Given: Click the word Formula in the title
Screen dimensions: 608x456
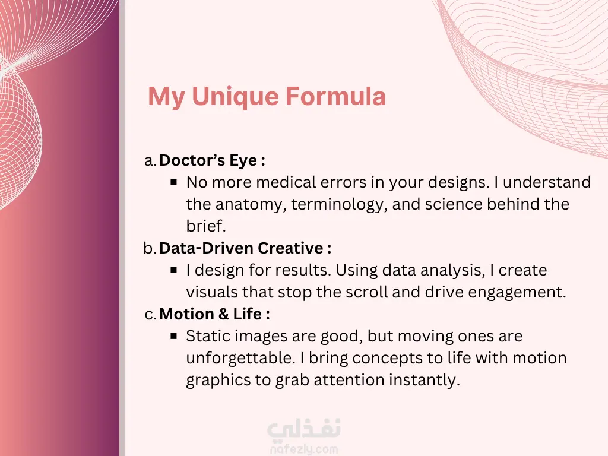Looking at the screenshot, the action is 336,96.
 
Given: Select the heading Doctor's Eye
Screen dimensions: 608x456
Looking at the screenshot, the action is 212,160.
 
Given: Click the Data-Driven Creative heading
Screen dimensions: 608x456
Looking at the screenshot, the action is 245,248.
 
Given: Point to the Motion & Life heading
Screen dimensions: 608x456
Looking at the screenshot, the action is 214,313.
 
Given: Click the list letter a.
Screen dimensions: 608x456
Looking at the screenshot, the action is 150,160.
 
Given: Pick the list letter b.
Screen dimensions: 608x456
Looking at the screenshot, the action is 150,248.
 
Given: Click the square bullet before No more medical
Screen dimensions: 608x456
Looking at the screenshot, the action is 174,182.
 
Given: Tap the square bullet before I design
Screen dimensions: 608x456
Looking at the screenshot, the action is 174,270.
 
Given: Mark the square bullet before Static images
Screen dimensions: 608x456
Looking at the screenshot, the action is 174,336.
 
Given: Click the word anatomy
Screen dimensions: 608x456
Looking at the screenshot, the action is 251,205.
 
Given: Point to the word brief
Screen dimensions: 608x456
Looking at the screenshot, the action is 206,226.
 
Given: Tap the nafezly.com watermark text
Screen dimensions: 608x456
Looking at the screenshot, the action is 303,449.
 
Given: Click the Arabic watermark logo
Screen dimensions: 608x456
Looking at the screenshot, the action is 304,429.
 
